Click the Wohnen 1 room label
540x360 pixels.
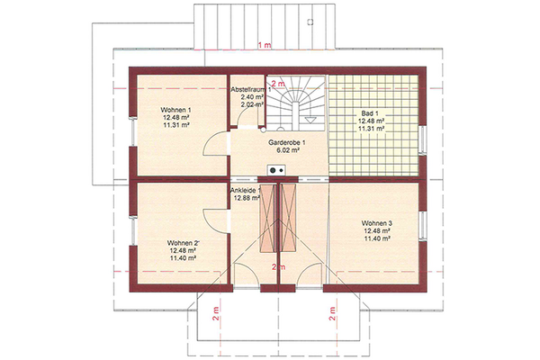point(175,110)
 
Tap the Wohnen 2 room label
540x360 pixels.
point(184,243)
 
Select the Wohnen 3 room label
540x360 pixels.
point(377,223)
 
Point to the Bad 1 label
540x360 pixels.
point(370,113)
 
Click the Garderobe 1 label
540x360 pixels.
point(286,142)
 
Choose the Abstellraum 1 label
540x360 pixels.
point(251,90)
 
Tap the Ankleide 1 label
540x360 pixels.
point(246,190)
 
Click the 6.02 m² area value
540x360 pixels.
point(287,150)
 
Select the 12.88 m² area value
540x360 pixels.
point(247,198)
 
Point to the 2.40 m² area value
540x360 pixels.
point(252,97)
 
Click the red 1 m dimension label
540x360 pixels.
point(264,45)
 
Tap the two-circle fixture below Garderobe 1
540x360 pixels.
point(276,170)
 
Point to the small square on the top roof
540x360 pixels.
point(310,22)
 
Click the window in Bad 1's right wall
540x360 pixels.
point(422,140)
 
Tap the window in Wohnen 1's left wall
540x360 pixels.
point(133,131)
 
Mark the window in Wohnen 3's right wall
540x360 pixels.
point(422,226)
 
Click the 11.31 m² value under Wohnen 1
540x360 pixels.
point(176,125)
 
